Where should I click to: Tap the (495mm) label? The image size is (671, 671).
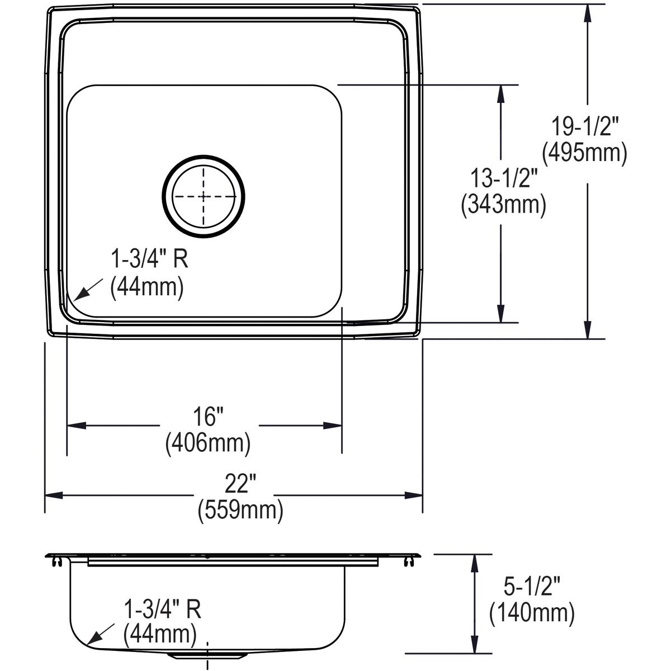(x=584, y=152)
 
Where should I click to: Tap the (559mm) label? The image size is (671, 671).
(x=240, y=510)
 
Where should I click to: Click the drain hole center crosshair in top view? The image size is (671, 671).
(x=204, y=196)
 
